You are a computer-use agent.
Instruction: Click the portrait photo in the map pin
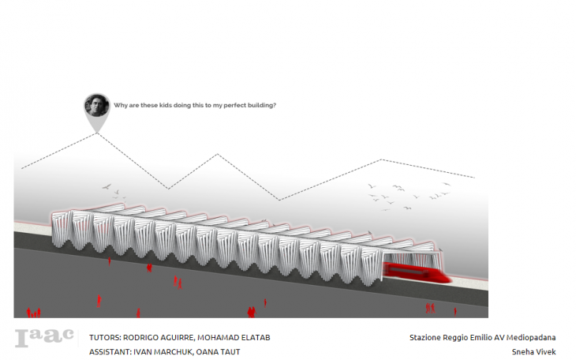[97, 105]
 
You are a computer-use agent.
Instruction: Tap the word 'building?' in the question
[260, 105]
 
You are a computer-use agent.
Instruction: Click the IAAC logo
[45, 337]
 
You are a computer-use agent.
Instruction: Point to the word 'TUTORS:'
[107, 337]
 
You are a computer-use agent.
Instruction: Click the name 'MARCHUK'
[178, 352]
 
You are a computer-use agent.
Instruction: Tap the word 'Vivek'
[547, 352]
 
